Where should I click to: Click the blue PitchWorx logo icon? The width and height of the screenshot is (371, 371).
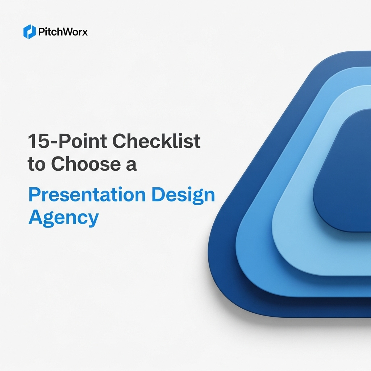pyautogui.click(x=30, y=32)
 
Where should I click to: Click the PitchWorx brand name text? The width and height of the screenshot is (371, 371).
pyautogui.click(x=63, y=32)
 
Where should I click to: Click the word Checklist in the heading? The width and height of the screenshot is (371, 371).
pyautogui.click(x=157, y=141)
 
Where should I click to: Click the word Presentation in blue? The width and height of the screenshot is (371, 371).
pyautogui.click(x=87, y=195)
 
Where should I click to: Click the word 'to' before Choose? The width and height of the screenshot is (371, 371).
pyautogui.click(x=37, y=164)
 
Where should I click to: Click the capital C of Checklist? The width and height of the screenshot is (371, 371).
pyautogui.click(x=119, y=141)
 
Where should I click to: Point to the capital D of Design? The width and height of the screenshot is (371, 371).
pyautogui.click(x=158, y=195)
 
